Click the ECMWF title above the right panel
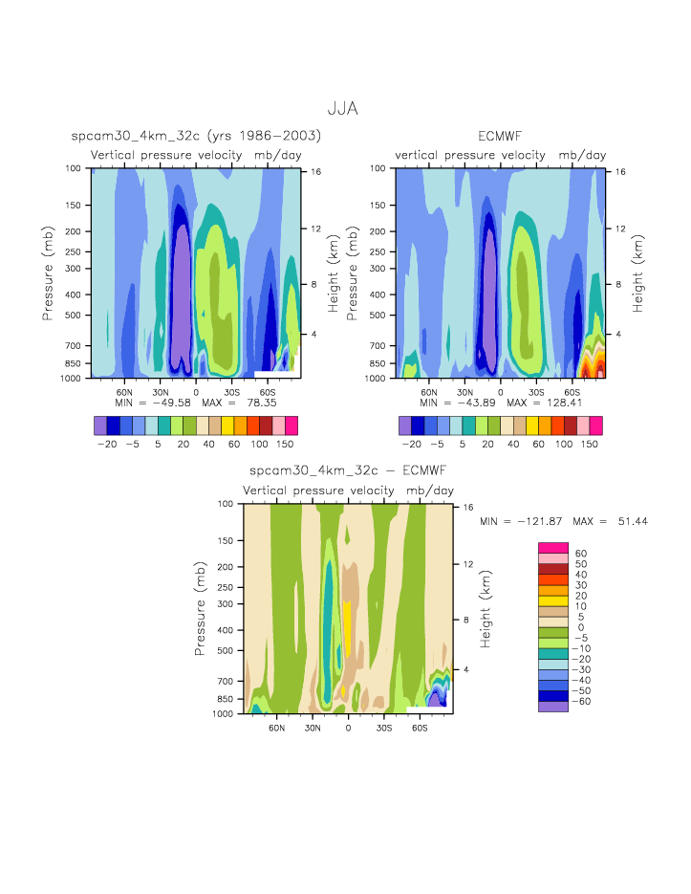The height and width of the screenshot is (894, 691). [501, 137]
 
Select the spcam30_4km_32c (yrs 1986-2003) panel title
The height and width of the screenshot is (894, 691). [196, 137]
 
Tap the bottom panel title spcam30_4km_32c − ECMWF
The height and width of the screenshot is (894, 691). [347, 471]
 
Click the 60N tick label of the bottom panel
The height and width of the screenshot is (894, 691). [277, 728]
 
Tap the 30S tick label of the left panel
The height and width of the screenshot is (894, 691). [231, 392]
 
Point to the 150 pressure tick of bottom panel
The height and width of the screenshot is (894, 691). [227, 540]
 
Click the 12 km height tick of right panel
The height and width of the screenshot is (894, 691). [620, 229]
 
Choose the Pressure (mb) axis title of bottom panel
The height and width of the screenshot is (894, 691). [201, 608]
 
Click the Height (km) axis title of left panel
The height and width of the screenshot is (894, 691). [334, 273]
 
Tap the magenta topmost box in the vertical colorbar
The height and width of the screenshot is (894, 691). [552, 547]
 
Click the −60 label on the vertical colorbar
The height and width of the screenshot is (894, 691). [581, 701]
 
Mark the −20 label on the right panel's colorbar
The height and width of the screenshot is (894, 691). [411, 445]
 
